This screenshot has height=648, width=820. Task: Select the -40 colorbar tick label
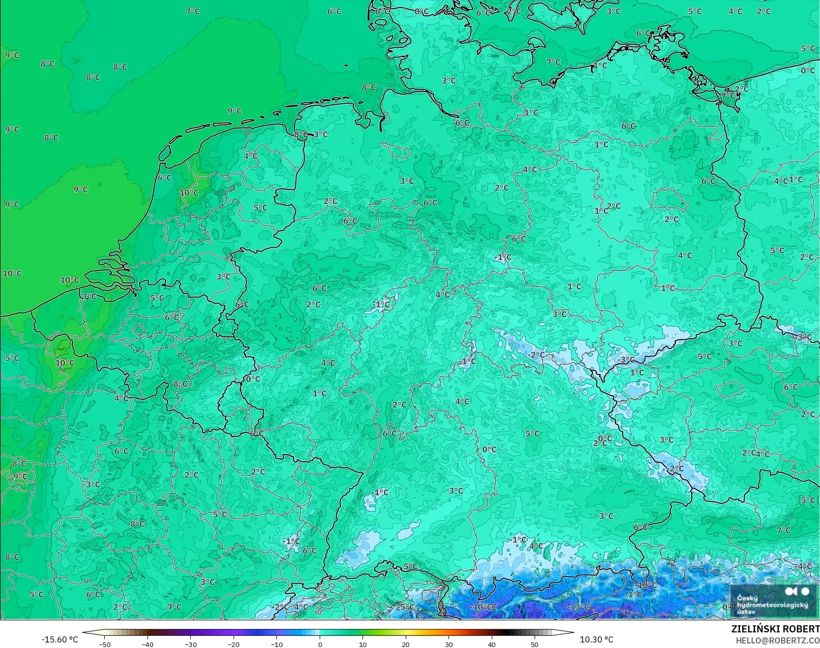click(147, 644)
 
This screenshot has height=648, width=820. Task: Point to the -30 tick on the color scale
click(190, 644)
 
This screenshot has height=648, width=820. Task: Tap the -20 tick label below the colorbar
click(233, 644)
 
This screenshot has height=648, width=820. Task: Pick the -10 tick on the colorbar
click(276, 644)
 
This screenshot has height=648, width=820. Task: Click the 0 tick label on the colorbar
click(320, 644)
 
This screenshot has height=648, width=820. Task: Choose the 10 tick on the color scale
click(362, 644)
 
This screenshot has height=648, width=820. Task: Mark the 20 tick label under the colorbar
click(406, 644)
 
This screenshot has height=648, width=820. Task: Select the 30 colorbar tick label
click(449, 644)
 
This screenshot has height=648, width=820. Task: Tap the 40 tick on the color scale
click(491, 644)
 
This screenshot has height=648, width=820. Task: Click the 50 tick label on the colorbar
click(534, 644)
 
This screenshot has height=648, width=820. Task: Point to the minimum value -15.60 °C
click(59, 639)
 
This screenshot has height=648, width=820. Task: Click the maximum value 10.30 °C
click(597, 639)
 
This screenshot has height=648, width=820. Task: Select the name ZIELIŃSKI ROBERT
click(775, 629)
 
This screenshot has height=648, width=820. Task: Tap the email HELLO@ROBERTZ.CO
click(778, 640)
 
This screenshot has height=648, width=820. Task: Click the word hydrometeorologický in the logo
click(772, 605)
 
